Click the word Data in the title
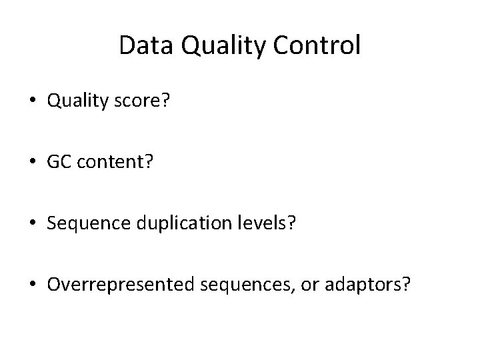coord(143,45)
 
